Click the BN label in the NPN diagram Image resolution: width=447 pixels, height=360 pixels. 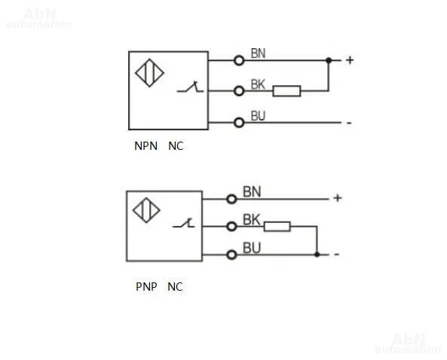(258, 53)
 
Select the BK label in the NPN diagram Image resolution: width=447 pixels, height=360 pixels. (258, 84)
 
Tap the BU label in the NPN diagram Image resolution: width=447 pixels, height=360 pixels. (258, 116)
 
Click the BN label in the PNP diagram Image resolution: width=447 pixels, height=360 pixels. (252, 192)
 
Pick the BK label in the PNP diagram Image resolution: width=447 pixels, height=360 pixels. (252, 220)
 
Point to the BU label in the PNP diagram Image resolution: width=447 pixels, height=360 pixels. (252, 248)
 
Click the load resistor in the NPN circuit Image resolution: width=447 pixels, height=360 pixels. (286, 91)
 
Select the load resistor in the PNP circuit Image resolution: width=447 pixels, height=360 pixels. (277, 227)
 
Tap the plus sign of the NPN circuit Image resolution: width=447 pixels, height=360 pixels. (350, 60)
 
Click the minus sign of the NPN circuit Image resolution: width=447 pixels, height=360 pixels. (349, 123)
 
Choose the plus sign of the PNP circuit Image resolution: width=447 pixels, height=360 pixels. (338, 198)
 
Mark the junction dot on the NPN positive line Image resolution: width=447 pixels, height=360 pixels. (329, 60)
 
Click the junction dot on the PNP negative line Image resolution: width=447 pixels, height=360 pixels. (317, 255)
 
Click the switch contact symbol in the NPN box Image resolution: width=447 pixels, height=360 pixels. (190, 87)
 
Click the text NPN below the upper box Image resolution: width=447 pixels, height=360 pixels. (145, 146)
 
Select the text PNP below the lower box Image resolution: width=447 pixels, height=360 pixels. (146, 286)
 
